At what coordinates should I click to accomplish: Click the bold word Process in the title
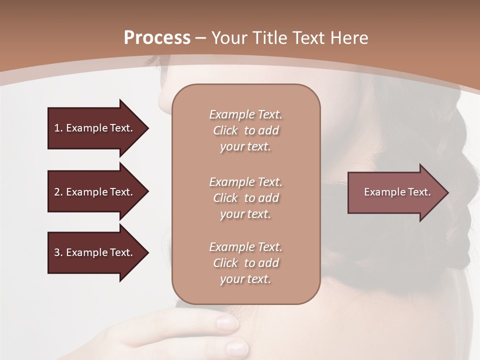click(x=157, y=38)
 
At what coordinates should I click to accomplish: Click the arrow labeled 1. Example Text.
click(x=95, y=128)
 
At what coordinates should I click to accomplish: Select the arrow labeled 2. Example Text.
click(x=95, y=192)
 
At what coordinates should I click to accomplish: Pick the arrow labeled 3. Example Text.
click(x=95, y=252)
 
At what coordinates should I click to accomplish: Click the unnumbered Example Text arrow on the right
click(x=395, y=192)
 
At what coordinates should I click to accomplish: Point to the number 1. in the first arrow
click(x=58, y=128)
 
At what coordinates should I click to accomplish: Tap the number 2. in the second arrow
click(x=58, y=192)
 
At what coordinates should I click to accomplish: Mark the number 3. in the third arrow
click(x=58, y=252)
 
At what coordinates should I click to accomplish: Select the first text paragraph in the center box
click(x=245, y=130)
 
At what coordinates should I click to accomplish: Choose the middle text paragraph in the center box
click(x=245, y=198)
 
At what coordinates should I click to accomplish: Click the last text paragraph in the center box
click(x=245, y=263)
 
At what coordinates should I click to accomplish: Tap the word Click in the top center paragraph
click(x=225, y=130)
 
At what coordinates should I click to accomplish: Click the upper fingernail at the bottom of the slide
click(x=227, y=322)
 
